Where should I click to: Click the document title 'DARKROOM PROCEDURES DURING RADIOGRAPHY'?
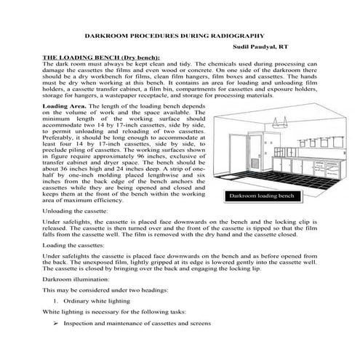[x=180, y=35]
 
